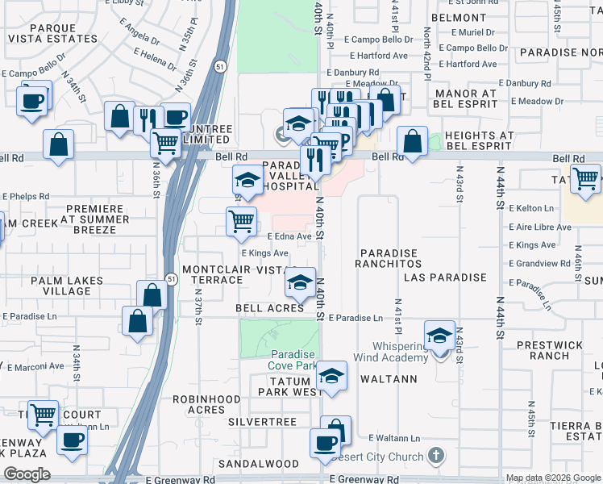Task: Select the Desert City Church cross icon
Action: pos(436,456)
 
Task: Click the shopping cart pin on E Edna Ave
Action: pos(242,221)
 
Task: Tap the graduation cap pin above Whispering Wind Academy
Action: pos(439,335)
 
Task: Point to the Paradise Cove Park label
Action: pos(292,360)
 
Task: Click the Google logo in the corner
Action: pos(27,474)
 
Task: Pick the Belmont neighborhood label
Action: pos(458,18)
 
